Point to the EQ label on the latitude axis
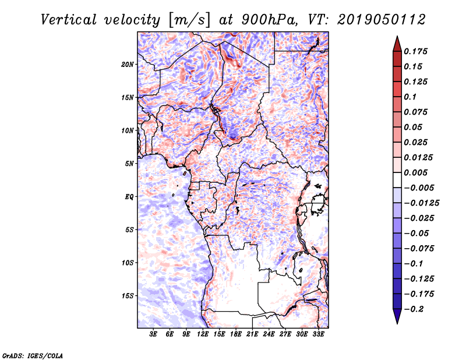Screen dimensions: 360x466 pyautogui.click(x=129, y=197)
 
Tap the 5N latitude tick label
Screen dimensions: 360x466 pyautogui.click(x=129, y=164)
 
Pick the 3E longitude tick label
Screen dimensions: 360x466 pyautogui.click(x=154, y=335)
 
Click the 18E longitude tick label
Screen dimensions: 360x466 pyautogui.click(x=236, y=335)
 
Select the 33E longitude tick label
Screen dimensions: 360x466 pyautogui.click(x=318, y=335)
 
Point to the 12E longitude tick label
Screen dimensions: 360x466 pyautogui.click(x=203, y=335)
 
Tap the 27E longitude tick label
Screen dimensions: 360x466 pyautogui.click(x=285, y=335)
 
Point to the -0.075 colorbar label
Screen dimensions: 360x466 pyautogui.click(x=419, y=248)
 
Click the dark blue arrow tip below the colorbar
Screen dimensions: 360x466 pyautogui.click(x=396, y=320)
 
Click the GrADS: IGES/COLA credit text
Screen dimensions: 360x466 pyautogui.click(x=33, y=355)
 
